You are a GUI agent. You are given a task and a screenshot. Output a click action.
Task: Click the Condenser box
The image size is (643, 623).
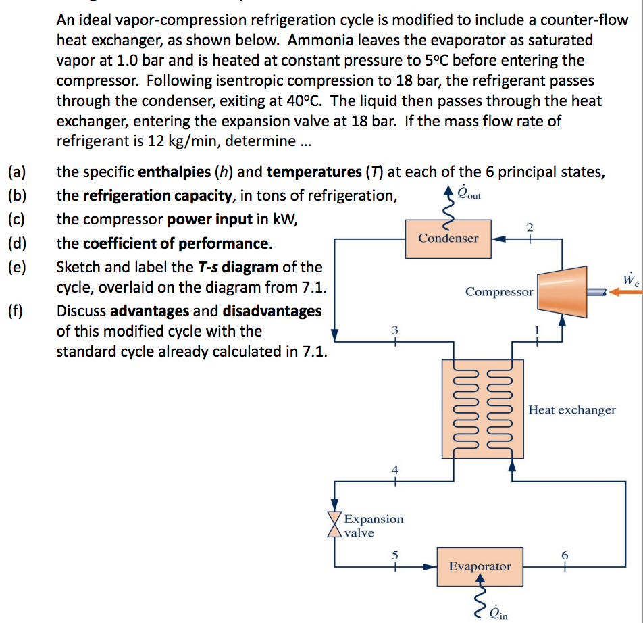tap(448, 239)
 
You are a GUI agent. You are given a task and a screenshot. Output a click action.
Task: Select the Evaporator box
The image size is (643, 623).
tap(480, 566)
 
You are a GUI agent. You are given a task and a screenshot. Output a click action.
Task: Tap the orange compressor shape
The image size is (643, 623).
tap(562, 292)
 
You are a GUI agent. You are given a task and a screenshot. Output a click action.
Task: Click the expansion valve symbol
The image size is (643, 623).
tap(334, 524)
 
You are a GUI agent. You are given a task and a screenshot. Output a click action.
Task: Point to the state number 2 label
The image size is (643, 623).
tap(530, 227)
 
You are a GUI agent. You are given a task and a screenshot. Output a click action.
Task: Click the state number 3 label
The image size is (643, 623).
tap(395, 330)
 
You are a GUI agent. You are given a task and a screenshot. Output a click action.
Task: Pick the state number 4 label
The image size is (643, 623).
tap(395, 470)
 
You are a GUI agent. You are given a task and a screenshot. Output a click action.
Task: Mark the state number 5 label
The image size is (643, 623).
tap(395, 555)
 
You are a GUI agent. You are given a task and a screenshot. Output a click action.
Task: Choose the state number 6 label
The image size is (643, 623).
tap(565, 555)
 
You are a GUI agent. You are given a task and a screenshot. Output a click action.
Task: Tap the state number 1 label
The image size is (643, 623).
tap(537, 330)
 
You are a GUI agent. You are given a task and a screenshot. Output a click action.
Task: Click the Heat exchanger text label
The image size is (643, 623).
tap(572, 409)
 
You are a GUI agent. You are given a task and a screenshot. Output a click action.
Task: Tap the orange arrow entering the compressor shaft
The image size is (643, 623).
tap(625, 292)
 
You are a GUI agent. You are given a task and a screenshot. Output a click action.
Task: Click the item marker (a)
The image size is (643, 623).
tap(17, 172)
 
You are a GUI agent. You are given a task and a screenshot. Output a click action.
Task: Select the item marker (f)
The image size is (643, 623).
tap(16, 311)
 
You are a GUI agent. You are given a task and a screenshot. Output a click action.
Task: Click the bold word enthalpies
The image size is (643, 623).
tap(174, 172)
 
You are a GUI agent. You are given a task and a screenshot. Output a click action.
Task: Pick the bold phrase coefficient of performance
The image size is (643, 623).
tap(176, 244)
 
